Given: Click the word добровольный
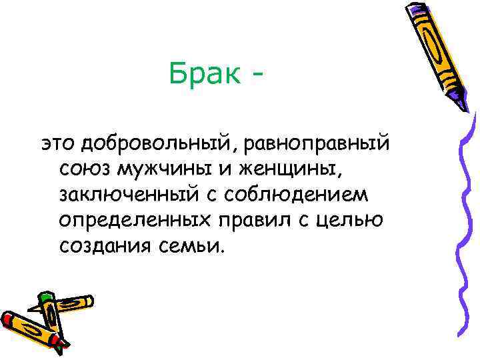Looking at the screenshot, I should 146,144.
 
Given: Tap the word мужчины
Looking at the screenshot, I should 162,171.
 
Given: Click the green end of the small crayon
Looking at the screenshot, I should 45,297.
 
